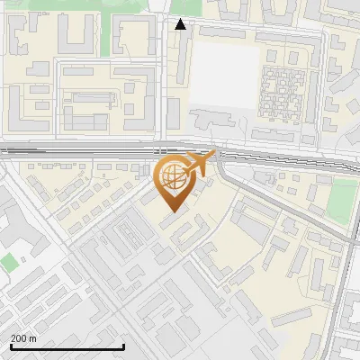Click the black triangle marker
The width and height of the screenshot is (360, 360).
[x=180, y=24]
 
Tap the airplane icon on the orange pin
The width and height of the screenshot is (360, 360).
[x=200, y=164]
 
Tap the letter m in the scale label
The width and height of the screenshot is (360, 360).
[x=34, y=338]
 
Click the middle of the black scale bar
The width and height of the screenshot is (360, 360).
[x=67, y=346]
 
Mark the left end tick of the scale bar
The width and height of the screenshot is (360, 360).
[x=11, y=346]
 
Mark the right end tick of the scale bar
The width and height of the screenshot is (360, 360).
[x=123, y=346]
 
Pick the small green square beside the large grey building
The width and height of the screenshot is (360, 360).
[x=8, y=262]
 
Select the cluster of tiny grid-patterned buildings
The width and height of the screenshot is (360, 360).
[x=281, y=91]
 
